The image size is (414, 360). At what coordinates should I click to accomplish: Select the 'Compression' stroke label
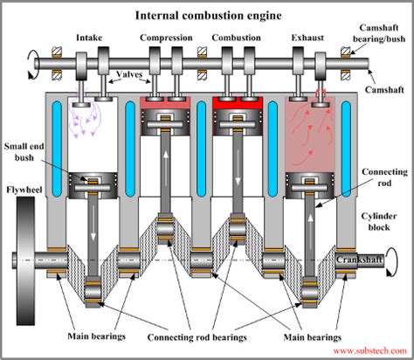165,38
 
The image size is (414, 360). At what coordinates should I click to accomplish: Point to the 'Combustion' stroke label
238,38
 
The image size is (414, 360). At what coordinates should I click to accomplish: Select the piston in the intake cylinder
90,184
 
